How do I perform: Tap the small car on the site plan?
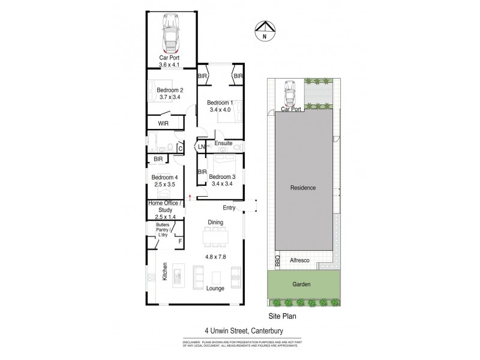tap(290, 92)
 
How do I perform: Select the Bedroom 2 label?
tap(170, 91)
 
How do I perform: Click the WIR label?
tap(163, 124)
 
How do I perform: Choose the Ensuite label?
tap(223, 143)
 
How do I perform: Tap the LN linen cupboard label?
tap(202, 146)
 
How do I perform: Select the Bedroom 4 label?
tap(165, 178)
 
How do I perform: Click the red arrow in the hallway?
tap(190, 194)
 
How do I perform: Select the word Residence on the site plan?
tap(303, 188)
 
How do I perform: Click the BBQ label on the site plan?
tap(278, 262)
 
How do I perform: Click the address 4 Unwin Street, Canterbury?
tap(239, 328)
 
